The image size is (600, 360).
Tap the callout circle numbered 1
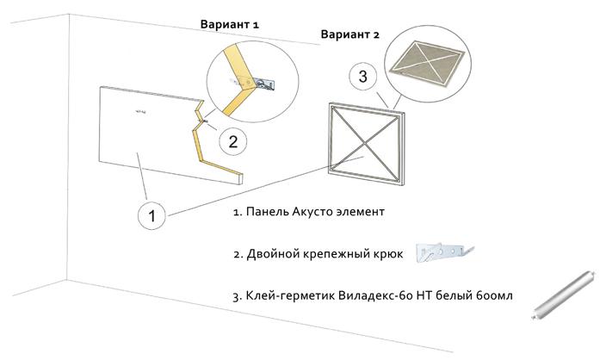click(x=152, y=216)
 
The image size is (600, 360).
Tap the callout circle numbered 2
click(x=233, y=139)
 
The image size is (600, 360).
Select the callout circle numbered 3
click(x=362, y=78)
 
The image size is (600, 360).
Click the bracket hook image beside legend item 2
click(x=442, y=251)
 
